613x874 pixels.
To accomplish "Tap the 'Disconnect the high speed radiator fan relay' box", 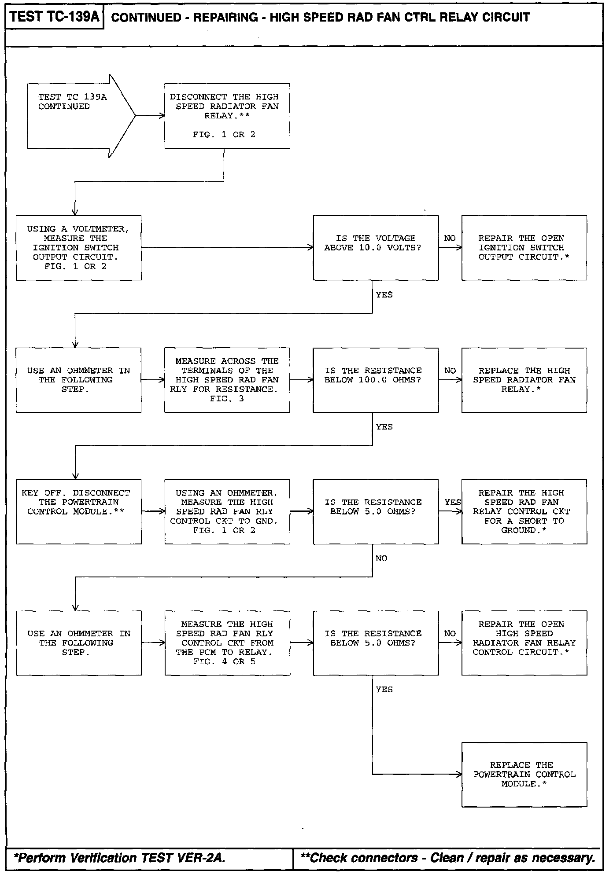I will pos(227,116).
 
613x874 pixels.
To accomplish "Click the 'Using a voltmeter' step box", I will pos(78,248).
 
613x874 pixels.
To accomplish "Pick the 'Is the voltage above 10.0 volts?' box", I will pos(376,248).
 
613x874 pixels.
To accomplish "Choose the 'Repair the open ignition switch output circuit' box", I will pos(524,248).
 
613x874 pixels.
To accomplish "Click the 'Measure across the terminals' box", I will pos(227,380).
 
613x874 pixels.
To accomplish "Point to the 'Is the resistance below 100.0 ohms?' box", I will pos(376,380).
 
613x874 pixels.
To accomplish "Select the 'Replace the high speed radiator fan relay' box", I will pos(524,380).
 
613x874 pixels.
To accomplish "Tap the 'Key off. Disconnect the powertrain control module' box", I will pos(78,511).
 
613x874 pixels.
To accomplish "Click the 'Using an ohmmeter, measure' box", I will pos(227,511).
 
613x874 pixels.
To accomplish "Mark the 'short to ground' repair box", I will pos(524,511).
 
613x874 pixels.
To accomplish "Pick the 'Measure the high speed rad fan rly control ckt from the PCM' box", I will pos(227,643).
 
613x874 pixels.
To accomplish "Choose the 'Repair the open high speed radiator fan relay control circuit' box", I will pos(524,643).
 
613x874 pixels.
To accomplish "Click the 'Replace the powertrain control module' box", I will pos(524,775).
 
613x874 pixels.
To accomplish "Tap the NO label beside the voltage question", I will pos(450,238).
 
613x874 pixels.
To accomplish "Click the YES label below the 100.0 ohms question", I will pos(384,427).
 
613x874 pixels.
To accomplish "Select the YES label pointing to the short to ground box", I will pos(452,502).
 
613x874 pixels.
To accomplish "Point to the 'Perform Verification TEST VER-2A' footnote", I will pos(120,858).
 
